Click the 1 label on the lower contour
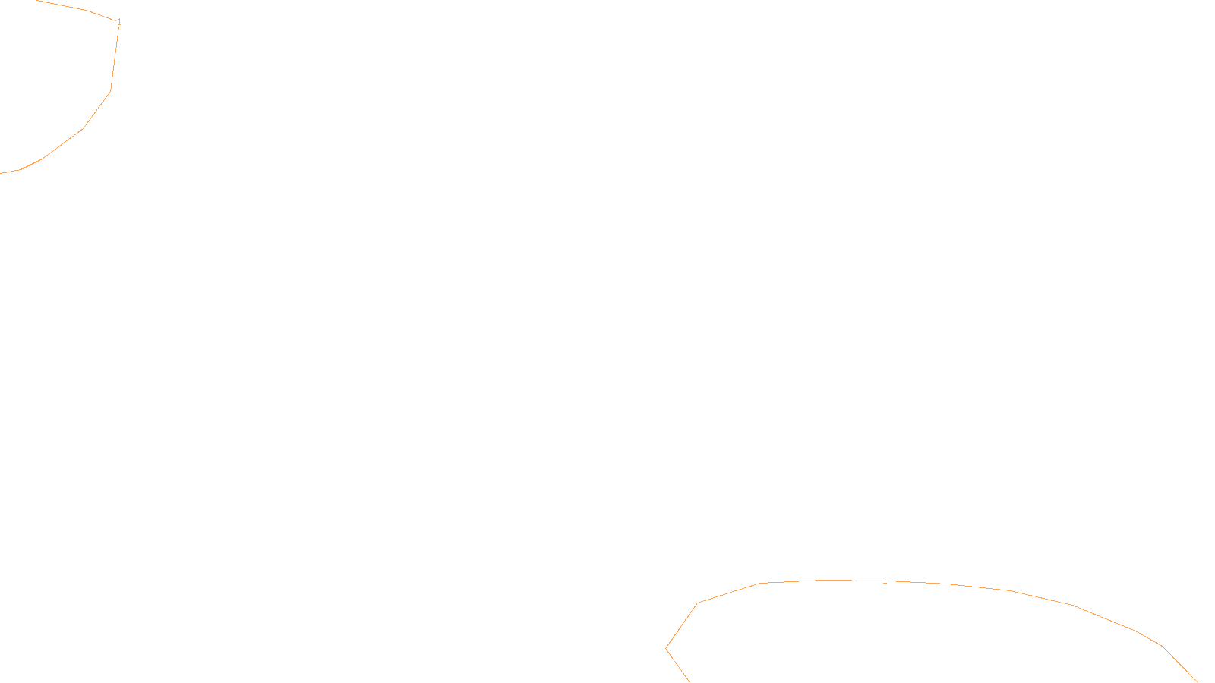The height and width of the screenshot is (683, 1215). click(885, 581)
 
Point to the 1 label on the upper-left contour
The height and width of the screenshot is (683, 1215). click(119, 22)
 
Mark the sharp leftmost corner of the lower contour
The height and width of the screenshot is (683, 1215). click(666, 649)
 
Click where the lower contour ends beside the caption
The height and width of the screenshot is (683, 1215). click(689, 681)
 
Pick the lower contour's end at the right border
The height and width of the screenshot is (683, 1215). click(1198, 681)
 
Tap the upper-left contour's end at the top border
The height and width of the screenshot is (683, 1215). click(38, 1)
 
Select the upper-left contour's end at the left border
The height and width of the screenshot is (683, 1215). click(1, 173)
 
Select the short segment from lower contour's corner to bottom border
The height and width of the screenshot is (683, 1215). click(677, 666)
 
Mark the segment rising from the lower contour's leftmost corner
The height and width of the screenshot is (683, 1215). click(681, 627)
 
